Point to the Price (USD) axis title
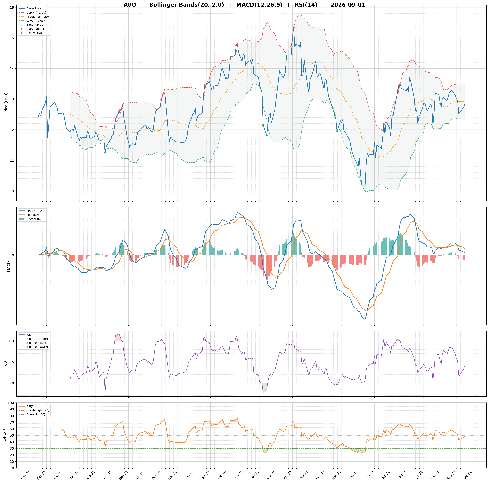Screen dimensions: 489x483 [6, 103]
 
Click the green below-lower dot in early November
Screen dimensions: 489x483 [105, 152]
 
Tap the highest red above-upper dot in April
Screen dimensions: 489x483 [294, 28]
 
